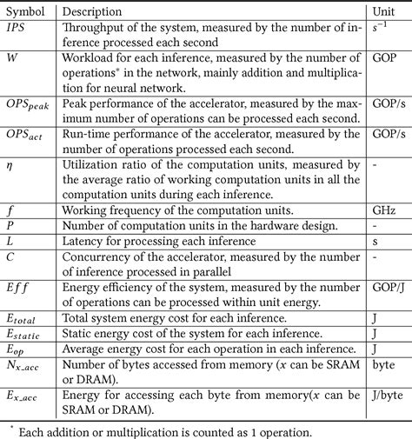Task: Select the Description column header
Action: [97, 11]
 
